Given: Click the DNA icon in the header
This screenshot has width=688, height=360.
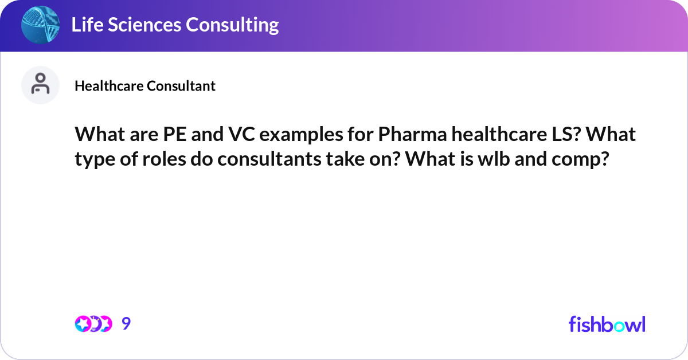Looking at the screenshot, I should click(41, 25).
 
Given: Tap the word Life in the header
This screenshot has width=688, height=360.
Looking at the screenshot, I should click(88, 25).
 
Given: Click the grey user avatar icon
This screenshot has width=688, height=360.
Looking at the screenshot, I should click(40, 85).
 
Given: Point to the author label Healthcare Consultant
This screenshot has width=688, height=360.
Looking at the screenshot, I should click(145, 86).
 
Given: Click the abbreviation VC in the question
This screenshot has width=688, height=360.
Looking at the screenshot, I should click(248, 135).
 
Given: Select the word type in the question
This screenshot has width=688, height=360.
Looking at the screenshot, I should click(92, 159).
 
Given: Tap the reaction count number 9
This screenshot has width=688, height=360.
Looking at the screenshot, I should click(126, 324).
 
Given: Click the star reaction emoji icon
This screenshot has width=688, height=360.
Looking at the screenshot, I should click(84, 324).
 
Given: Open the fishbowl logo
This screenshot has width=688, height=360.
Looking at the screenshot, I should click(607, 324).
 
